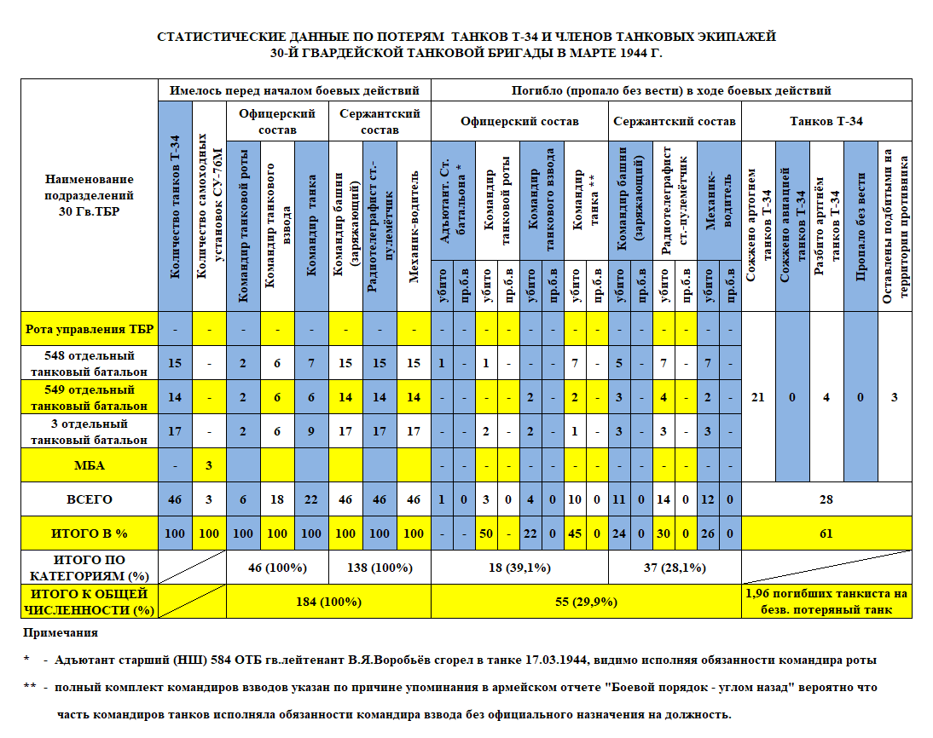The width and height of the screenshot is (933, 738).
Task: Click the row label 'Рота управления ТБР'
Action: [89, 328]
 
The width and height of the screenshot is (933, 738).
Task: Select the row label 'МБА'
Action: [89, 465]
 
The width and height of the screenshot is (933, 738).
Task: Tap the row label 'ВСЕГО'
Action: [89, 499]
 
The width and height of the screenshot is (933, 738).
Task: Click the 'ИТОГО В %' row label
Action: [89, 533]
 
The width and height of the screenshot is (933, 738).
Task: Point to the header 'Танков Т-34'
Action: [826, 121]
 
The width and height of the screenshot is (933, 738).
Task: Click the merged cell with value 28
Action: [826, 499]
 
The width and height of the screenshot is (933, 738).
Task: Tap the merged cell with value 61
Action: [826, 533]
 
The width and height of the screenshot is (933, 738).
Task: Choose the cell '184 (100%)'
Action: [328, 602]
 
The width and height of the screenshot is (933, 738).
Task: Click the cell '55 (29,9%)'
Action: [586, 602]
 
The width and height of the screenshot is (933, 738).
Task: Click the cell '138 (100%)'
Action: [380, 567]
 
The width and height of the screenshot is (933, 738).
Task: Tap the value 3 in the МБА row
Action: [209, 465]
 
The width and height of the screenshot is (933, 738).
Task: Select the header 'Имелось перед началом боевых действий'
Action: [294, 89]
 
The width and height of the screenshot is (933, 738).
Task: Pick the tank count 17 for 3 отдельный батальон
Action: [175, 430]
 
